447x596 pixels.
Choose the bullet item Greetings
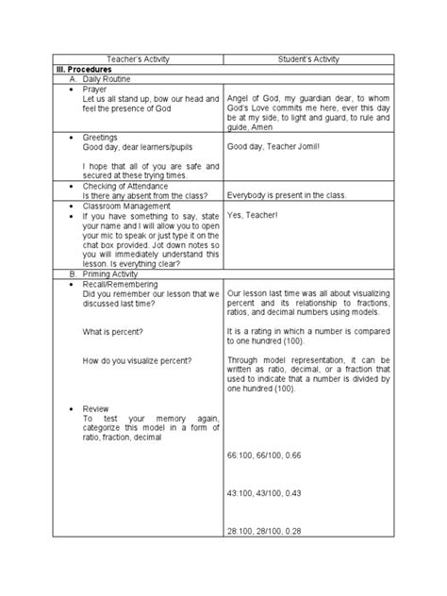click(x=101, y=138)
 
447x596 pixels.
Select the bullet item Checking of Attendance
click(x=124, y=186)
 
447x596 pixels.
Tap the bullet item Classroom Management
click(x=126, y=205)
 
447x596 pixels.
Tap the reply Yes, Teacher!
click(x=257, y=215)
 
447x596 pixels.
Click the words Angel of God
click(x=254, y=99)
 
